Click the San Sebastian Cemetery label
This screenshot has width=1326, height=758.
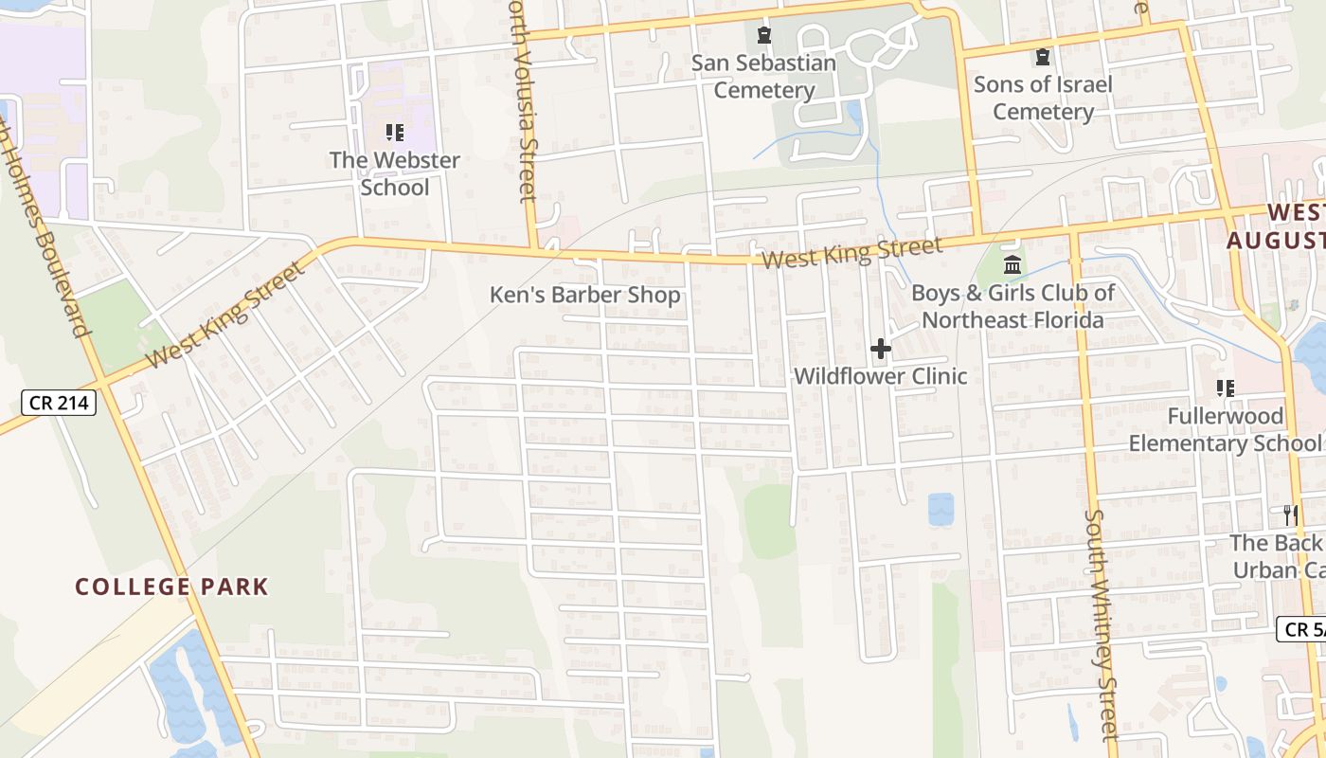pyautogui.click(x=763, y=77)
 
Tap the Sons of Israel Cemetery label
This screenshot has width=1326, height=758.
pyautogui.click(x=1043, y=98)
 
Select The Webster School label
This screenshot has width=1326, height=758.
pyautogui.click(x=395, y=173)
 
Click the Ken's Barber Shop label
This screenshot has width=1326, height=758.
pyautogui.click(x=584, y=295)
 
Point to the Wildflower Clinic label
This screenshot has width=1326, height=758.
pyautogui.click(x=880, y=376)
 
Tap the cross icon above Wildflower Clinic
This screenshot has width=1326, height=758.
pyautogui.click(x=881, y=349)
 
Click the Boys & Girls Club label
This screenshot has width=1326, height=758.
pyautogui.click(x=1012, y=306)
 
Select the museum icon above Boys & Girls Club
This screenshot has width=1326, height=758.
pyautogui.click(x=1012, y=264)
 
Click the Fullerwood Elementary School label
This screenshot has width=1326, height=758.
pyautogui.click(x=1226, y=429)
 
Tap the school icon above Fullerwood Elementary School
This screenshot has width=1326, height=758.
pyautogui.click(x=1226, y=388)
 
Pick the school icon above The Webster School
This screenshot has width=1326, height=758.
pyautogui.click(x=395, y=133)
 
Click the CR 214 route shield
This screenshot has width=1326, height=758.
pyautogui.click(x=59, y=403)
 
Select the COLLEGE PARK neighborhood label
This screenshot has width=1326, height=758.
pyautogui.click(x=171, y=587)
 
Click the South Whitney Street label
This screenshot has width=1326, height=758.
pyautogui.click(x=1101, y=625)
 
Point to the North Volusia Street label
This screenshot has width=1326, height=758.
pyautogui.click(x=524, y=104)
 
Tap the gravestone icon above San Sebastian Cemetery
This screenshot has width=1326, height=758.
pyautogui.click(x=763, y=36)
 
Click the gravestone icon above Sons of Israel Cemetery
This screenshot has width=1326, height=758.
pyautogui.click(x=1043, y=57)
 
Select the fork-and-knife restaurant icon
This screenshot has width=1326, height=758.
pyautogui.click(x=1289, y=514)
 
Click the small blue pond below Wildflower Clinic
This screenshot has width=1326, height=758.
pyautogui.click(x=941, y=509)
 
